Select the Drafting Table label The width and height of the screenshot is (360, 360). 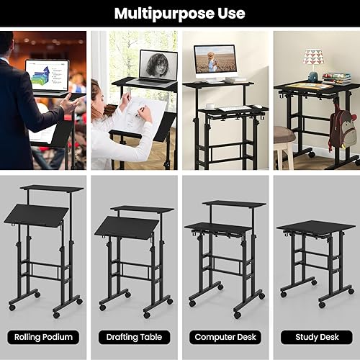point(135,337)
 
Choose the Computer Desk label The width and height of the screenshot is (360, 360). point(225,337)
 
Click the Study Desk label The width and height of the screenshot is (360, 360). point(315,337)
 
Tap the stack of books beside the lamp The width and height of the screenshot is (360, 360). point(336,78)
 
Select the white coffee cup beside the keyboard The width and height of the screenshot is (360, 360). point(210,106)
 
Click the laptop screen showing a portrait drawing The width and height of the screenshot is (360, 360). point(158,64)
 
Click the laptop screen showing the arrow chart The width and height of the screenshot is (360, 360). point(47,75)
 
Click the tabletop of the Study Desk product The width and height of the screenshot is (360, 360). point(315,227)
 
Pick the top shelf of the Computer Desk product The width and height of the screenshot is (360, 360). point(224,204)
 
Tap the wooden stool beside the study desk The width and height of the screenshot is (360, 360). point(285,137)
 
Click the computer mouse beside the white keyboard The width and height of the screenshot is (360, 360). point(257,107)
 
